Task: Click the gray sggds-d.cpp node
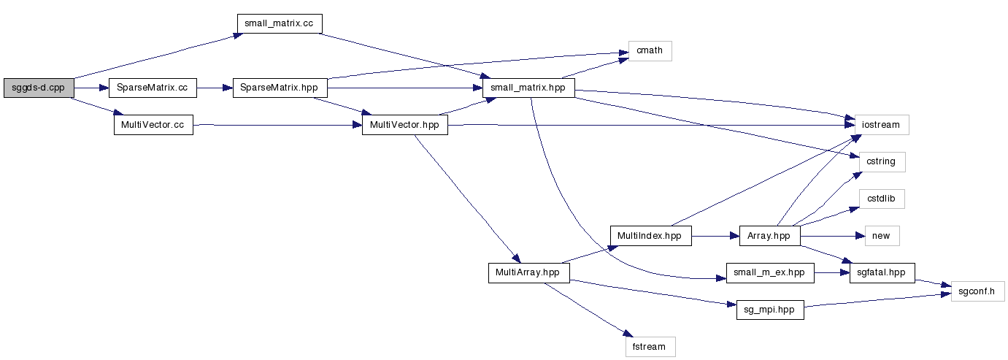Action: coord(37,88)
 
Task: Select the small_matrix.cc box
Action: coord(279,23)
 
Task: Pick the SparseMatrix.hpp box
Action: coord(280,88)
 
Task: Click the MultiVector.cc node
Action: coord(153,125)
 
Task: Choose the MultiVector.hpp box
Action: coord(404,125)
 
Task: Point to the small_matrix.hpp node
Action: coord(528,88)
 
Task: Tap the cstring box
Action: coord(881,161)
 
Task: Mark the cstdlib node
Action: coord(881,199)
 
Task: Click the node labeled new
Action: coord(881,236)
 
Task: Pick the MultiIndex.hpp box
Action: coord(650,236)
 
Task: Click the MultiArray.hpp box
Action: coord(528,273)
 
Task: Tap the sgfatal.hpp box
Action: coord(882,273)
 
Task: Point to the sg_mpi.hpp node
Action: coord(769,310)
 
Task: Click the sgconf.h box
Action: coord(977,291)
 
